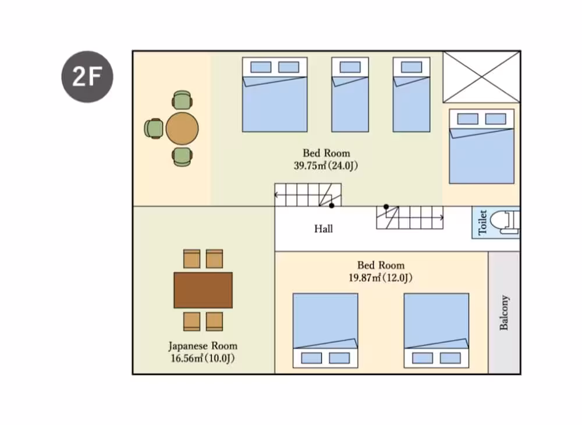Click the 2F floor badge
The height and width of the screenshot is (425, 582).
click(x=87, y=77)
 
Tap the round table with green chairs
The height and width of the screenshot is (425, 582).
click(x=182, y=129)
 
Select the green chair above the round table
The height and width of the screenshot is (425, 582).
click(x=182, y=100)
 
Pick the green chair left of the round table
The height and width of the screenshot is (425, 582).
click(x=154, y=129)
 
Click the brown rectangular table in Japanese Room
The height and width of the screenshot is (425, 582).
click(x=203, y=291)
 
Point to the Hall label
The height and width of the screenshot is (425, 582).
click(x=323, y=229)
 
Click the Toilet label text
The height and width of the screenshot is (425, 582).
click(x=482, y=222)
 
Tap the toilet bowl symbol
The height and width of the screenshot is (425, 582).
click(x=504, y=222)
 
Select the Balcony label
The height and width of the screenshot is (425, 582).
click(x=503, y=313)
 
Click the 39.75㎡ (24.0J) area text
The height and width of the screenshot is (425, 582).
click(x=326, y=165)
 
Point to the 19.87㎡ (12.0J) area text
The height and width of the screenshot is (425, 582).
click(x=381, y=278)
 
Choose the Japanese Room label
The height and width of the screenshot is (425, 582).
click(x=203, y=346)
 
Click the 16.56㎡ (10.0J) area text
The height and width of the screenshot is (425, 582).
click(x=203, y=358)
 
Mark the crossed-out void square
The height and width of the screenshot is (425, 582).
click(x=481, y=77)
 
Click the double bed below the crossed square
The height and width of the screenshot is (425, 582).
click(x=481, y=146)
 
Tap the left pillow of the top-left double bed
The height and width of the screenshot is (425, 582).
click(x=261, y=67)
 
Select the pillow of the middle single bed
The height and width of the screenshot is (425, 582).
click(x=350, y=67)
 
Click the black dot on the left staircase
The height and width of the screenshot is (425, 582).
click(x=332, y=206)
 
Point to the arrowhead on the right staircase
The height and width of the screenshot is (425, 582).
click(x=441, y=218)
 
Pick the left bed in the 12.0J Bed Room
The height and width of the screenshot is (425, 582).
click(x=325, y=330)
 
